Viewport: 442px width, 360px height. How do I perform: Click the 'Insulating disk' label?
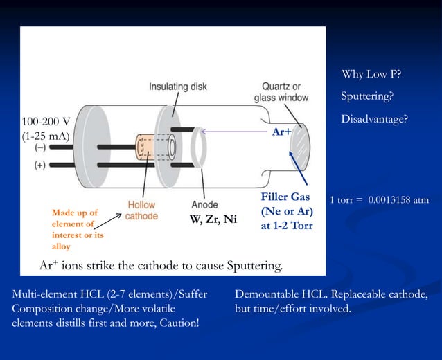pyautogui.click(x=178, y=87)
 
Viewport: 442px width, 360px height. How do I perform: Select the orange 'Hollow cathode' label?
pyautogui.click(x=142, y=210)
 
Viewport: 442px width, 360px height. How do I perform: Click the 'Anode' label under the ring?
pyautogui.click(x=204, y=205)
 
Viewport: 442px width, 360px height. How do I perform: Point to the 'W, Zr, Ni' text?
pyautogui.click(x=213, y=221)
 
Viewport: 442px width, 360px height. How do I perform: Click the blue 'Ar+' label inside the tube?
pyautogui.click(x=281, y=130)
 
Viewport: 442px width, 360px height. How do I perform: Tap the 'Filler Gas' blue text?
pyautogui.click(x=284, y=197)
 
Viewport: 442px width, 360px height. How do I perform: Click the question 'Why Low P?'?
pyautogui.click(x=371, y=74)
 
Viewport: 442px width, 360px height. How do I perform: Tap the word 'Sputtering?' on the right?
pyautogui.click(x=367, y=96)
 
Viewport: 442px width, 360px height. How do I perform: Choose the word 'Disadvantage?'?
pyautogui.click(x=374, y=120)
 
